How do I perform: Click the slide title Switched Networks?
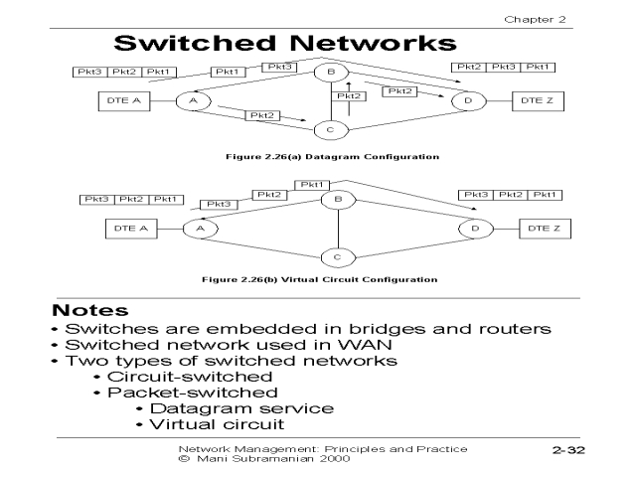pyautogui.click(x=286, y=43)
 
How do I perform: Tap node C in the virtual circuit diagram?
pyautogui.click(x=337, y=257)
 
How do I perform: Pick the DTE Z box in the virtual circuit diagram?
pyautogui.click(x=545, y=229)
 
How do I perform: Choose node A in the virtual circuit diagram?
pyautogui.click(x=199, y=229)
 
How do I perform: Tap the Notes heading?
pyautogui.click(x=90, y=310)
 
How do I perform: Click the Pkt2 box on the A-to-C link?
pyautogui.click(x=262, y=116)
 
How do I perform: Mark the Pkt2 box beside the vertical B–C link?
pyautogui.click(x=349, y=96)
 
